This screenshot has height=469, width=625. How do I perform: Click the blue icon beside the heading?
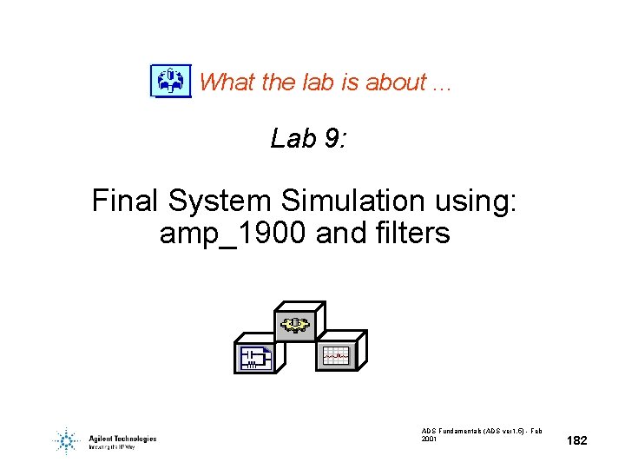pos(170,81)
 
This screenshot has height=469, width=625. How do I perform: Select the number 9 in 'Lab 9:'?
pos(331,139)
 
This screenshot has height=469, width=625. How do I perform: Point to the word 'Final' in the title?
pos(125,201)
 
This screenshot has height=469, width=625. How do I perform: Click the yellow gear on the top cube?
pos(294,325)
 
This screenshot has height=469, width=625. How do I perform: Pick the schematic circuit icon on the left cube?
pos(254,356)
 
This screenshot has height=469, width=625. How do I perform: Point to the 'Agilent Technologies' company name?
pos(122,439)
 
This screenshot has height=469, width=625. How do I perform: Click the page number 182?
pos(576,441)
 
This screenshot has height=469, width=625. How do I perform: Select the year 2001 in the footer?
pos(430,439)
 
